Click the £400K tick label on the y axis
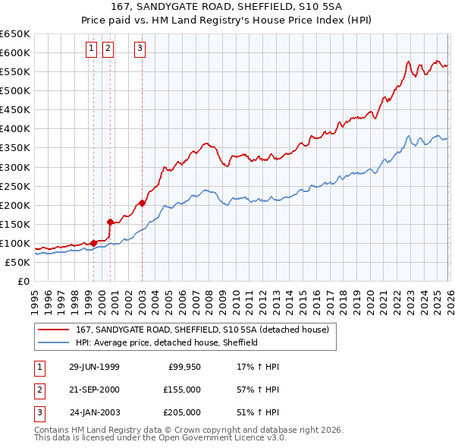pyautogui.click(x=14, y=128)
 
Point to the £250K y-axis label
pyautogui.click(x=14, y=186)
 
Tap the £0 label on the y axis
pyautogui.click(x=22, y=281)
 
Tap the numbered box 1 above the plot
pyautogui.click(x=91, y=49)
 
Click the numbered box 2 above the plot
pyautogui.click(x=108, y=49)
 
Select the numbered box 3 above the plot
pyautogui.click(x=141, y=49)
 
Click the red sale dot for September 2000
pyautogui.click(x=111, y=222)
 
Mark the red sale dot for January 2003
pyautogui.click(x=143, y=203)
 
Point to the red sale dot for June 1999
pyautogui.click(x=94, y=243)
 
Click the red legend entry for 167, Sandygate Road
pyautogui.click(x=202, y=330)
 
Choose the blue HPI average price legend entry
pyautogui.click(x=167, y=343)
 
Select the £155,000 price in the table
pyautogui.click(x=182, y=390)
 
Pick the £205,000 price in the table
pyautogui.click(x=182, y=412)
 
